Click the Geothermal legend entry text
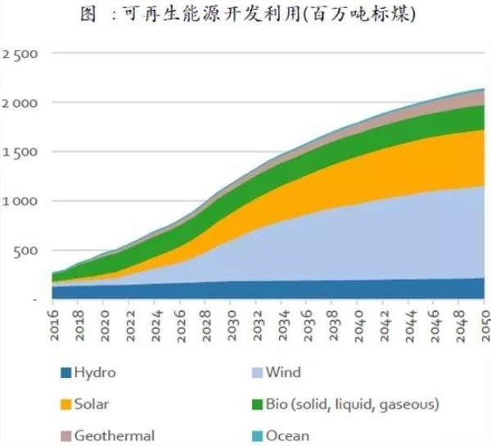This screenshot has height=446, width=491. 114,435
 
